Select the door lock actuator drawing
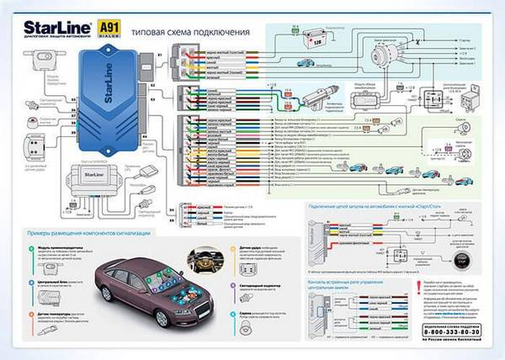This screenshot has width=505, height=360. point(320,95)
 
